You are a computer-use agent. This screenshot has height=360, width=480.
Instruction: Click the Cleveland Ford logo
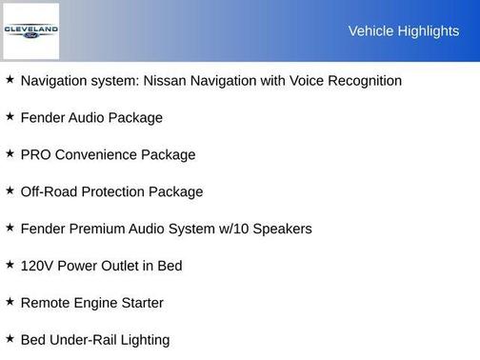coord(30,30)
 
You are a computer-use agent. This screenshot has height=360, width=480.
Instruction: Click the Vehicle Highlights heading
coord(403,31)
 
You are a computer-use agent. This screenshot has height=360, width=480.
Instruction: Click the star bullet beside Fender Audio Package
coord(10,117)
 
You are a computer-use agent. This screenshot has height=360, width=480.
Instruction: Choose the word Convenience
coord(98,155)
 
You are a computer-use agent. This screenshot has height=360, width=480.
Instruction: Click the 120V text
coord(37,267)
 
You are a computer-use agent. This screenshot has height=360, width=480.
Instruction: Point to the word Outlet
coord(130,267)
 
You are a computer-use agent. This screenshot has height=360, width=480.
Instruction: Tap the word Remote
coord(45,304)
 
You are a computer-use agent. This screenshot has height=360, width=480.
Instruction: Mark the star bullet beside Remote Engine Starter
coord(10,302)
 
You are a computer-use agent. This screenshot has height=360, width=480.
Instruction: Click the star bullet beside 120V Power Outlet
coord(10,265)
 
